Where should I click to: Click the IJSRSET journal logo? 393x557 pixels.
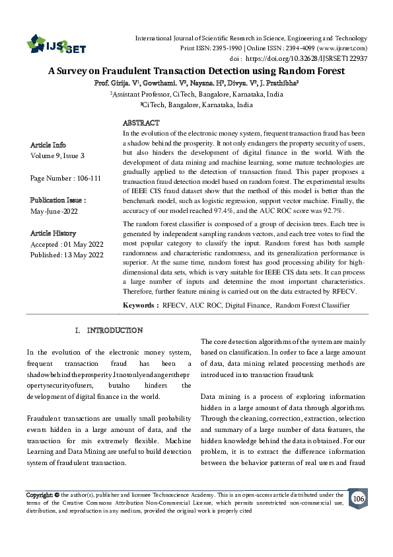coord(56,46)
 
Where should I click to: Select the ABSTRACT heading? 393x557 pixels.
coord(141,123)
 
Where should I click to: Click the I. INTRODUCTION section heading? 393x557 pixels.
coord(109,330)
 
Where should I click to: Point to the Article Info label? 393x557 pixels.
coord(48,145)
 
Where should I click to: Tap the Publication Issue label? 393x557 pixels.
coord(58,200)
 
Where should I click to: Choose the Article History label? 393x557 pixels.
coord(54,234)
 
